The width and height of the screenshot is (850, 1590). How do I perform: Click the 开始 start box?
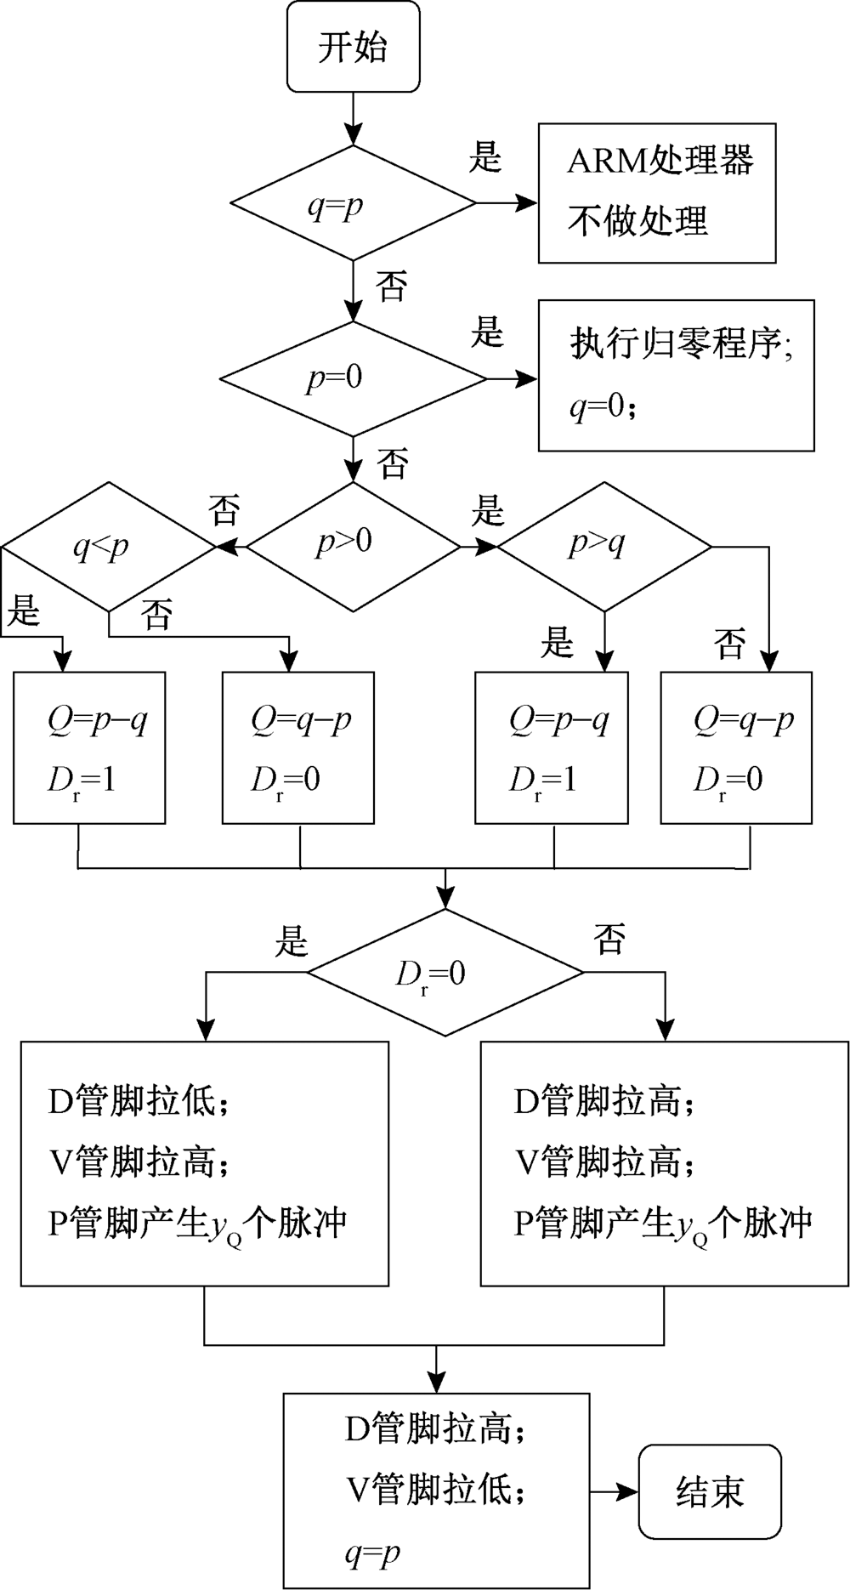click(353, 47)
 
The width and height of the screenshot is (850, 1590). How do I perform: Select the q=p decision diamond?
click(353, 204)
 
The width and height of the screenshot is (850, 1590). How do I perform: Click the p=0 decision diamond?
click(353, 378)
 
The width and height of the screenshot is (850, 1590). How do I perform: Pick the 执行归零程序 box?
click(676, 375)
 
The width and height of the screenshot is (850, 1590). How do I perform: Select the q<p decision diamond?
click(107, 546)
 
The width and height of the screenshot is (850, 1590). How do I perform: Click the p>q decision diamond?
click(603, 546)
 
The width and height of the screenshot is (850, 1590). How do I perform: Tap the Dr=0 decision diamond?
click(445, 972)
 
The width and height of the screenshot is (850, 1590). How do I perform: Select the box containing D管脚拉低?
click(205, 1163)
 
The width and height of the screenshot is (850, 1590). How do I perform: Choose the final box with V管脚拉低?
click(436, 1490)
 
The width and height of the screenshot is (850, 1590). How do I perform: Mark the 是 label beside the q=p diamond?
click(486, 157)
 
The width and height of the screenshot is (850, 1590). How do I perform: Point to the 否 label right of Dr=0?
click(609, 940)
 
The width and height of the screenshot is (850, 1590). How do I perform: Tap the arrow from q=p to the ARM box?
click(507, 204)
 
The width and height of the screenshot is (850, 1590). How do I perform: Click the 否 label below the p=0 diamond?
click(393, 463)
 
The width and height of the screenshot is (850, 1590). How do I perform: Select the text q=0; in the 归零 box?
click(602, 409)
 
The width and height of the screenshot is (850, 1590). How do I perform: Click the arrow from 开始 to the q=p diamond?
click(353, 118)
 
